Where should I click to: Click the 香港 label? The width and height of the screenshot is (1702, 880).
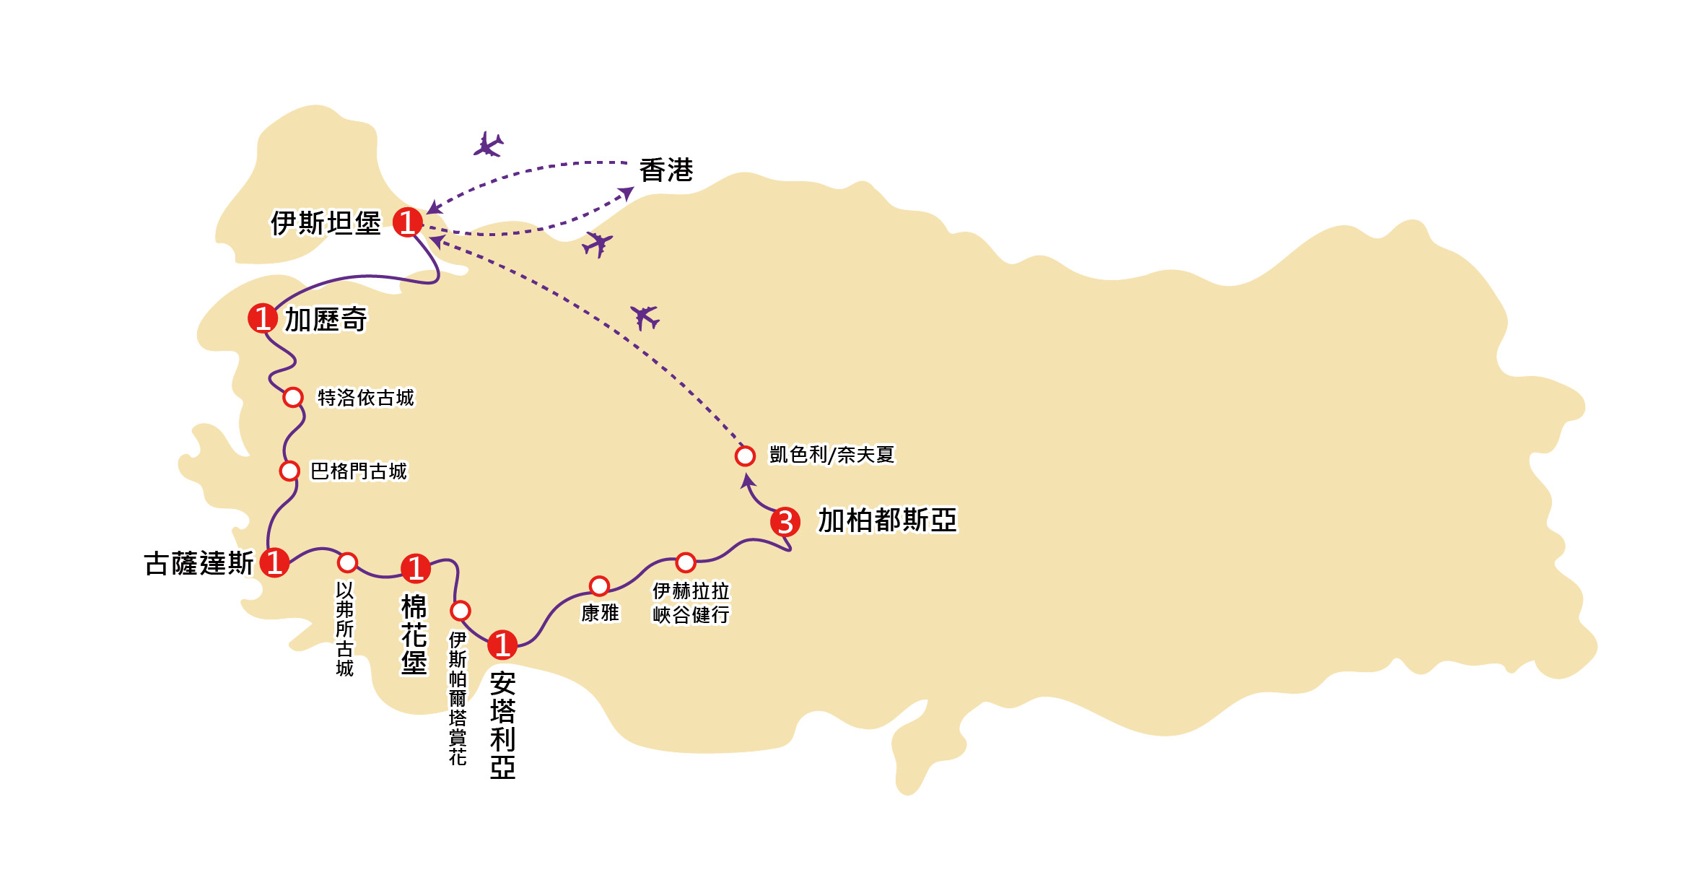665,171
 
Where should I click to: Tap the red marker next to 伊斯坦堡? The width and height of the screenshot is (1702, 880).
408,222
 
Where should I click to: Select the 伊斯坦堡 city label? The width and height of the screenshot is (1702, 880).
326,223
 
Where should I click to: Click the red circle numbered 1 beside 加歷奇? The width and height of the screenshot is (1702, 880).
263,318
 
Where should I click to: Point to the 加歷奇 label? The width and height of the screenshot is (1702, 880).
326,319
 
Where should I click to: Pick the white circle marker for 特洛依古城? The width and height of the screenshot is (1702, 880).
293,397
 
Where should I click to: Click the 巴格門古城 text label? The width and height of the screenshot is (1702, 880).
359,471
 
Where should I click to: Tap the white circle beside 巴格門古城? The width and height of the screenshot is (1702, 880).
289,471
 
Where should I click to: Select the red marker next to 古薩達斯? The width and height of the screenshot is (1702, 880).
274,562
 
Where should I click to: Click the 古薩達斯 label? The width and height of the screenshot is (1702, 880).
199,564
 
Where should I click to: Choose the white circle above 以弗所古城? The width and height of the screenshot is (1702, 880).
348,562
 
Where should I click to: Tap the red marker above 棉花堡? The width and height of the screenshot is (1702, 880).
416,568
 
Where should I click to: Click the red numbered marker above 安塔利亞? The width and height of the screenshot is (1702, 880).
502,645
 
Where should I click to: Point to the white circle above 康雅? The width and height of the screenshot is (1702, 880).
599,585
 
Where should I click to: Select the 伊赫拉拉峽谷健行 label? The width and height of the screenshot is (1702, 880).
691,603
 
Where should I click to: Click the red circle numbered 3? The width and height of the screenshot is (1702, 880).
785,522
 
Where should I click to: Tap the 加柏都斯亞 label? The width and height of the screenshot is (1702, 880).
887,520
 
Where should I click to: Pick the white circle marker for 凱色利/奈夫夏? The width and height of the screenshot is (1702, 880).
745,456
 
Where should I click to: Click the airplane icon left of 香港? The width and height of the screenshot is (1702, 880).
489,145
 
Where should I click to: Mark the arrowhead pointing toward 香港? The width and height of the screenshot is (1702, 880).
627,192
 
